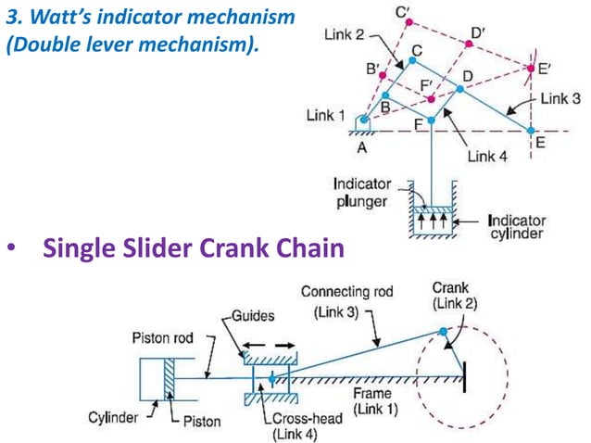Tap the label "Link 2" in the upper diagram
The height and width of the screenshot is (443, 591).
pyautogui.click(x=345, y=34)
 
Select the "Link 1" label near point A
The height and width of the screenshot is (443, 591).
pyautogui.click(x=326, y=116)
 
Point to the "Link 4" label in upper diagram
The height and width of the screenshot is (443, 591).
pyautogui.click(x=487, y=157)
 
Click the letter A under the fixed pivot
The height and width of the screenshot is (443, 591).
pyautogui.click(x=362, y=146)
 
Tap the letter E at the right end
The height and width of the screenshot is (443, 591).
pyautogui.click(x=539, y=144)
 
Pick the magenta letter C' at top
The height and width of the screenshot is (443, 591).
pyautogui.click(x=404, y=12)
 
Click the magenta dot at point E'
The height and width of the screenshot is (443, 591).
pyautogui.click(x=530, y=68)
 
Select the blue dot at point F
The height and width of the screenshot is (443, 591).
pyautogui.click(x=431, y=120)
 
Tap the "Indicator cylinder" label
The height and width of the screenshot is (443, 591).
pyautogui.click(x=516, y=227)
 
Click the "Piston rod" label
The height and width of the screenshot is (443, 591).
pyautogui.click(x=162, y=338)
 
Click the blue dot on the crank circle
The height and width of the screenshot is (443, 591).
pyautogui.click(x=444, y=330)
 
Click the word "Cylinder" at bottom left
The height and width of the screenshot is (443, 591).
pyautogui.click(x=114, y=417)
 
